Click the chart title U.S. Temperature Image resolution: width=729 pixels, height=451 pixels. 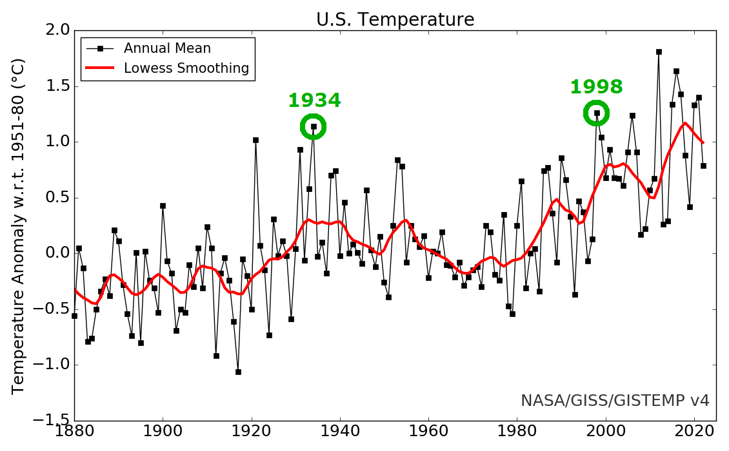pos(395,20)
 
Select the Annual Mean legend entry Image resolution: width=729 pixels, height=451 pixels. pos(167,48)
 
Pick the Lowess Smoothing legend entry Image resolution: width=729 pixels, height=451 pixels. pos(186,68)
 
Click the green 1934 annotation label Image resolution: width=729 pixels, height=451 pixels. pos(314,101)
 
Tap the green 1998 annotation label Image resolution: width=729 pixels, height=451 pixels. pos(596,87)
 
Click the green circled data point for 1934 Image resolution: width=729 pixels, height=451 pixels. pos(314,127)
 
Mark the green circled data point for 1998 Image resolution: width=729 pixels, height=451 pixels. pos(597,113)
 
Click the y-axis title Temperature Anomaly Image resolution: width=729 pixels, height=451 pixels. pos(19,225)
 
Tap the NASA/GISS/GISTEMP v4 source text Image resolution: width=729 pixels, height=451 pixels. pos(615,401)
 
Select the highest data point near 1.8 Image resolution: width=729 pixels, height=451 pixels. pos(659,52)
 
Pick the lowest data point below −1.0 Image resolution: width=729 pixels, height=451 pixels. pos(238,372)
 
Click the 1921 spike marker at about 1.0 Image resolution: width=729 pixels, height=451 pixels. pos(255,140)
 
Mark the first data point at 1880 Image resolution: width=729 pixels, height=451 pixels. pos(74,316)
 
